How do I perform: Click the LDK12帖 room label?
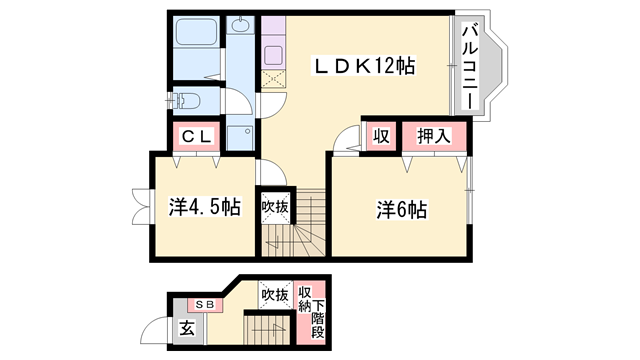365,66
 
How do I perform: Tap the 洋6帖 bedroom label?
402,211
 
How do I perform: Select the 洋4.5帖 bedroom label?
204,208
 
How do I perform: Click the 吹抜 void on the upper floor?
275,206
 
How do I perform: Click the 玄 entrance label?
187,328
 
